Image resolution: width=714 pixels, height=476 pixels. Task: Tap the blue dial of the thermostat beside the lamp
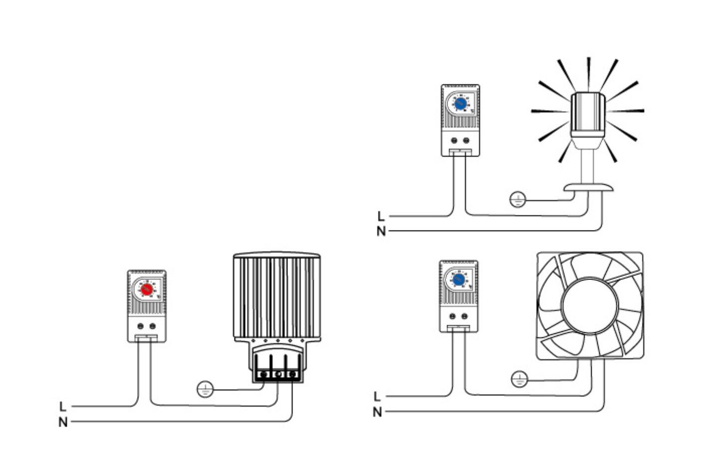(461, 103)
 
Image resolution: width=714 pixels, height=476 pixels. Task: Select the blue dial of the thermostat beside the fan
(459, 279)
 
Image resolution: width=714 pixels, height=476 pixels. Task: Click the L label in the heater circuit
(62, 406)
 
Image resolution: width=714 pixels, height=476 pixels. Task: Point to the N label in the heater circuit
(63, 422)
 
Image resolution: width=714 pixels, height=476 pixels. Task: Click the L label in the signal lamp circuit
(381, 216)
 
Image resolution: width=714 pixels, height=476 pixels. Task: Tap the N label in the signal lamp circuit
(381, 232)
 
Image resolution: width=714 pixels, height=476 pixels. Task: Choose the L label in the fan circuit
(377, 397)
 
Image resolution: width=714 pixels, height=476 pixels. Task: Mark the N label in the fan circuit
(377, 412)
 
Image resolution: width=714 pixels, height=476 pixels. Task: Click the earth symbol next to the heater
(205, 389)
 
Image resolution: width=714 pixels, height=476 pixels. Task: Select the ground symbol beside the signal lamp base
(518, 200)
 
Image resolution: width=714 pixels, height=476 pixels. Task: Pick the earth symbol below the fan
(520, 380)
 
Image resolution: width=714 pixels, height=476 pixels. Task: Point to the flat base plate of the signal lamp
(588, 187)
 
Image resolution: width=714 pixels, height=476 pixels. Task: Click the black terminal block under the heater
(277, 374)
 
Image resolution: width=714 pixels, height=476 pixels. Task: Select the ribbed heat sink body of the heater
(277, 297)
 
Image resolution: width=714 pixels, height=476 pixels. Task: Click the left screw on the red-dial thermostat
(141, 326)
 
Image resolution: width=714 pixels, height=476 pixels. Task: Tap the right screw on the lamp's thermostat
(466, 141)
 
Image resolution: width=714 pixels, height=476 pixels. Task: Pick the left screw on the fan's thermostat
(453, 316)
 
